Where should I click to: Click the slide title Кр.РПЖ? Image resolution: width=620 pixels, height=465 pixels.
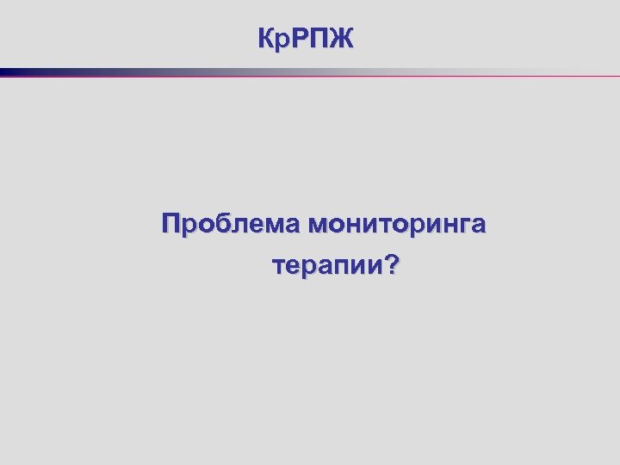click(306, 39)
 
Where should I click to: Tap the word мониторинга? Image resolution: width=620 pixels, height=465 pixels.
click(398, 226)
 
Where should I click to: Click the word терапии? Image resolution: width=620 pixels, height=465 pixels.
click(322, 267)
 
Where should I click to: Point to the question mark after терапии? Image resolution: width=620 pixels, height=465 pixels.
click(392, 265)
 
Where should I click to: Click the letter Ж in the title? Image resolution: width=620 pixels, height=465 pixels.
click(341, 39)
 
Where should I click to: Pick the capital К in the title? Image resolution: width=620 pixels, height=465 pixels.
click(266, 39)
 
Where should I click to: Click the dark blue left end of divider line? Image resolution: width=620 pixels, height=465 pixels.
click(7, 73)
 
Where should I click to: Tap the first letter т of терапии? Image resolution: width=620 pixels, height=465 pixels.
click(279, 268)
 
